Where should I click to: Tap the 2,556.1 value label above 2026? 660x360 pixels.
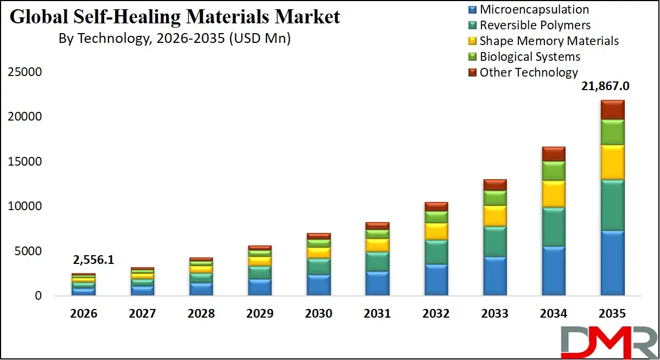93,260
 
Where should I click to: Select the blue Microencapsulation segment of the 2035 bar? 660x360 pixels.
612,263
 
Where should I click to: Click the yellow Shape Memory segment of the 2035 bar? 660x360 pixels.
612,162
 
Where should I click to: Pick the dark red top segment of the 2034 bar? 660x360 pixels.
554,154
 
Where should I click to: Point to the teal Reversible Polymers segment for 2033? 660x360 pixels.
494,242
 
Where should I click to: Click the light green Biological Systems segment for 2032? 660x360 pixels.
436,217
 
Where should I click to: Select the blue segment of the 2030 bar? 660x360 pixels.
318,285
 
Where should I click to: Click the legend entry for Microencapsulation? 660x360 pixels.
534,9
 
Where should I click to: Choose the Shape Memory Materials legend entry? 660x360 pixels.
549,41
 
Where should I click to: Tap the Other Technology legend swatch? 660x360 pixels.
472,72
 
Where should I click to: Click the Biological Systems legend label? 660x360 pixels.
530,56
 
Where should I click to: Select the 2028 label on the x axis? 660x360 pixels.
201,314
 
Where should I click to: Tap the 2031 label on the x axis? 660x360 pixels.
377,314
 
